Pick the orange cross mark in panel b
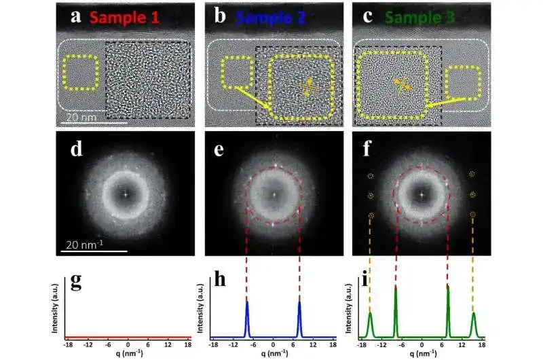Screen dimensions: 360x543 coord(307,86)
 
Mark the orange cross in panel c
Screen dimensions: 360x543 coord(402,84)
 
